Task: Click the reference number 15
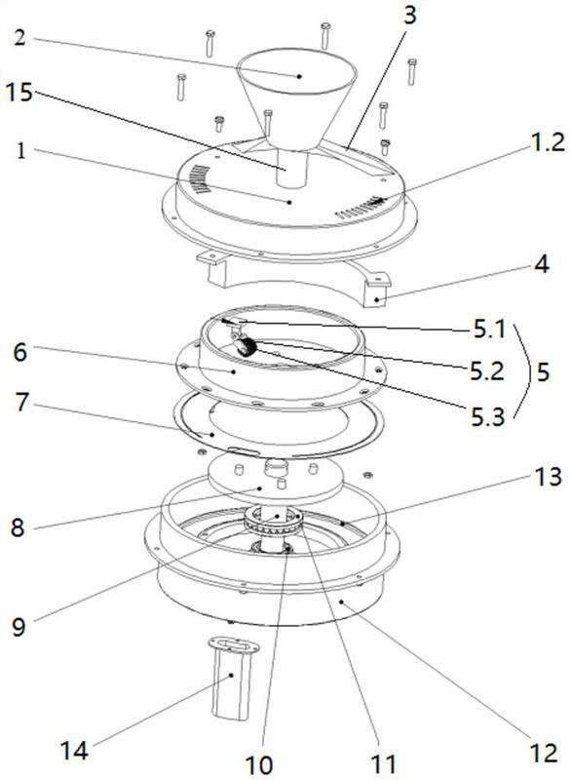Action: tap(19, 92)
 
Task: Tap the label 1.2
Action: tap(545, 141)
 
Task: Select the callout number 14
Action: tap(74, 750)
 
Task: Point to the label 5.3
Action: tap(488, 416)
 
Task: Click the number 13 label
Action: tap(548, 477)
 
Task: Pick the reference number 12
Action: tap(544, 753)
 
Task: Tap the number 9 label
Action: tap(19, 627)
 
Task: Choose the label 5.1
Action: tap(489, 329)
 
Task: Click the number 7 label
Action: tap(20, 402)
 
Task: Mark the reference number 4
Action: tap(542, 264)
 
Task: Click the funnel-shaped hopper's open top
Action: tap(296, 71)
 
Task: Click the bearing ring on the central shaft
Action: tap(273, 523)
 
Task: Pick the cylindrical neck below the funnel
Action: tap(291, 168)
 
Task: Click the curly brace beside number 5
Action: tap(520, 370)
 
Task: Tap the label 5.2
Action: tap(487, 371)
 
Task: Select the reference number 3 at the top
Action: tap(409, 16)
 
